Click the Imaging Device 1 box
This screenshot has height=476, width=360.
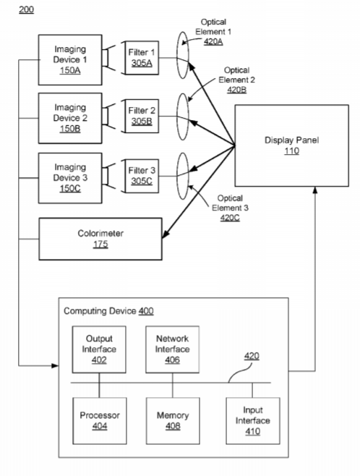point(70,60)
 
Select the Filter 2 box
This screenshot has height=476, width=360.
point(142,116)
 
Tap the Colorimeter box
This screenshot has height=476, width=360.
point(100,239)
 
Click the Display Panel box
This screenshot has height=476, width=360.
point(292,145)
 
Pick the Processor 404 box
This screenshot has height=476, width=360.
point(100,421)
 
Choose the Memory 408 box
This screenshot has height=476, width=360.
point(173,421)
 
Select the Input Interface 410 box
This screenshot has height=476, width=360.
point(253,421)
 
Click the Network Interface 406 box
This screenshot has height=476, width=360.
point(172,349)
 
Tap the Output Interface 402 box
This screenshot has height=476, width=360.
point(99,349)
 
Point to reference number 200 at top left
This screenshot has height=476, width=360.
point(27,9)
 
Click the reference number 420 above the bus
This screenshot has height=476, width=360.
point(252,356)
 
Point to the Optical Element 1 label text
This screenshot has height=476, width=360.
point(213,27)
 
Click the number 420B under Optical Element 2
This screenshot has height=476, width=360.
point(237,90)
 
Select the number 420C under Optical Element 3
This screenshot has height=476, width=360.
point(230,218)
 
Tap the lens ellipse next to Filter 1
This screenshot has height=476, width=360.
point(183,55)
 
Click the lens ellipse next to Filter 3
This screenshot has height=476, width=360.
point(183,176)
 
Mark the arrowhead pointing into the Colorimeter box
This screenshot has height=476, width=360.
point(166,234)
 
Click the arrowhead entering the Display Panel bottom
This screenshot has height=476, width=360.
point(315,190)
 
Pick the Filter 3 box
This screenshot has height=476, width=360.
point(142,176)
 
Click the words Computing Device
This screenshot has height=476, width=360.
point(100,311)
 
